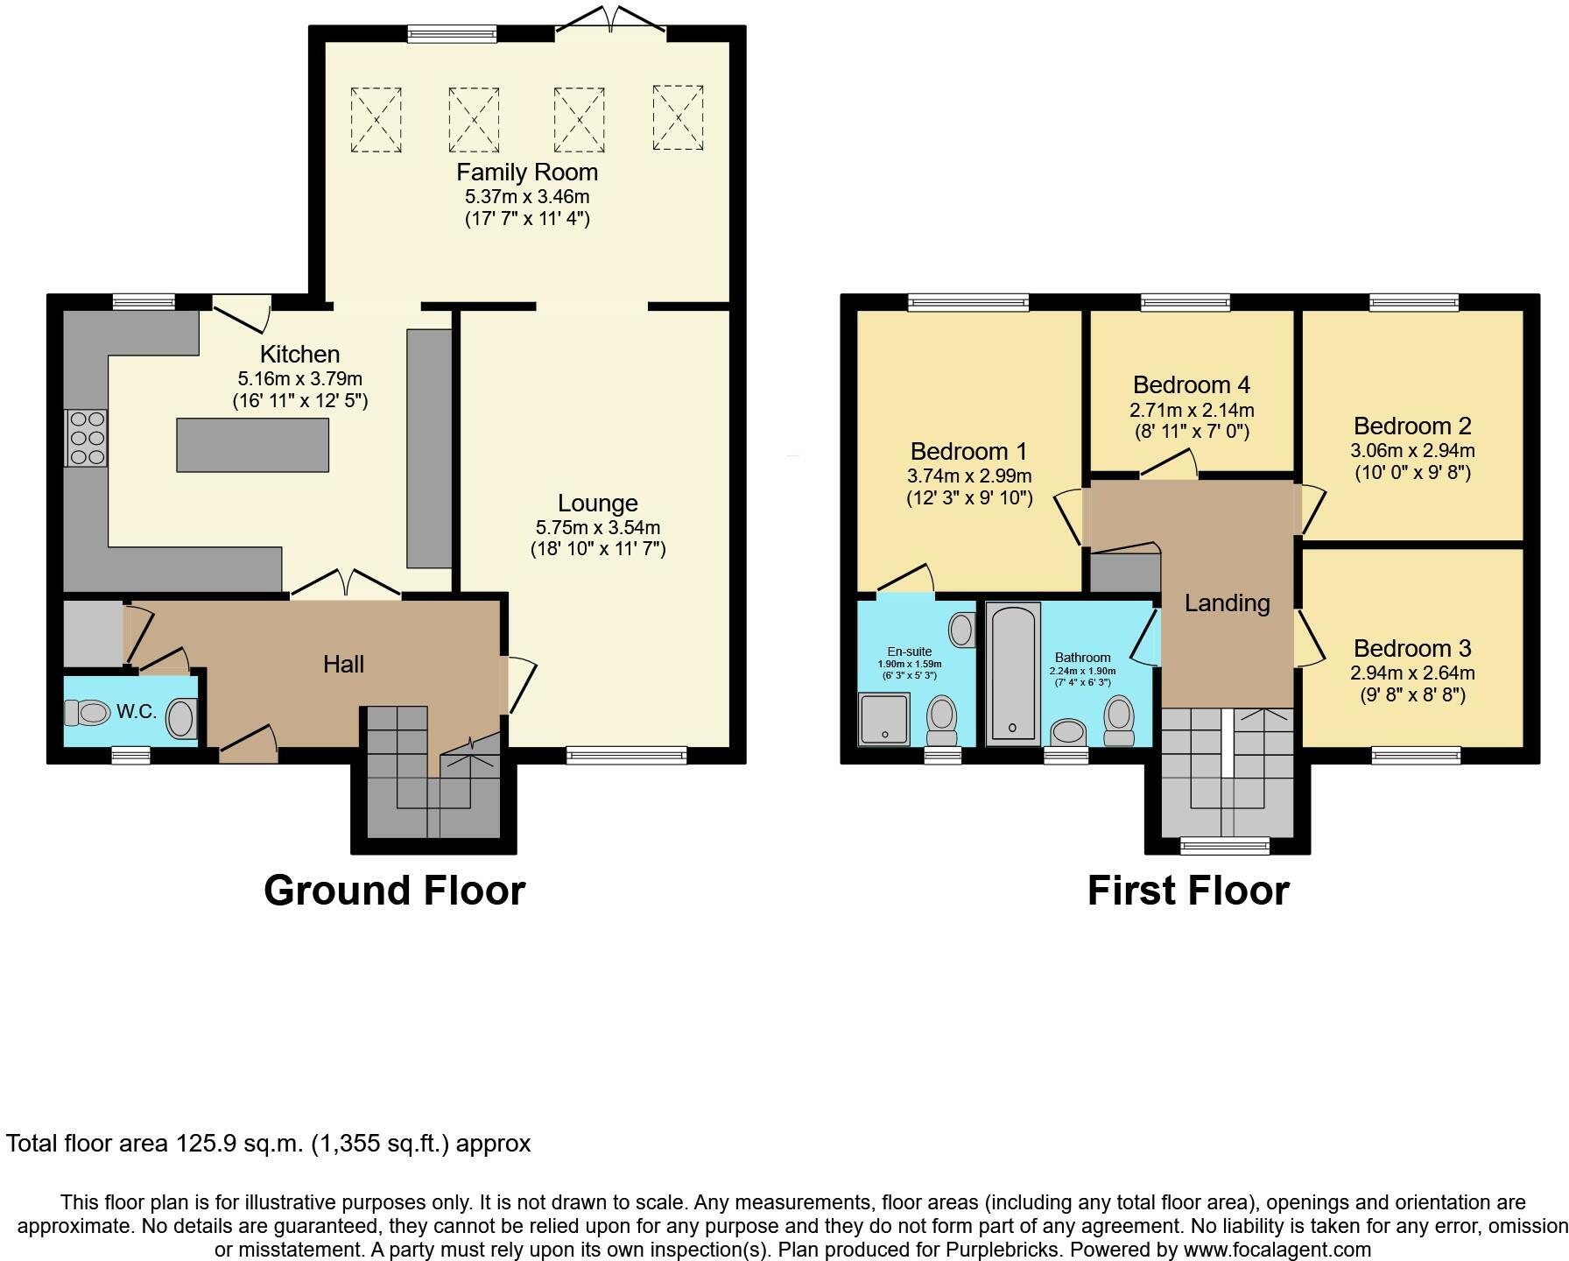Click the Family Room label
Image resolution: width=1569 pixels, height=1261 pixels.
coord(526,173)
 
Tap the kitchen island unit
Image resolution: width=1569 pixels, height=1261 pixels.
coord(253,445)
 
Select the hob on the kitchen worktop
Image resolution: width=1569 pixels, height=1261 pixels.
coord(86,438)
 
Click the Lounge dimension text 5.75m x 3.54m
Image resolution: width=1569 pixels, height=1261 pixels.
coord(598,528)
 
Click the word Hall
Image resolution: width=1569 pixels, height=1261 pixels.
coord(343,665)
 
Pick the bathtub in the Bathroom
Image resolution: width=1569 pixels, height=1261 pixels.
coord(1013,673)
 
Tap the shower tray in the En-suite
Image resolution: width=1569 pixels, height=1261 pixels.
coord(883,719)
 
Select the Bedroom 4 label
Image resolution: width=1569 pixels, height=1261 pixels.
coord(1191,385)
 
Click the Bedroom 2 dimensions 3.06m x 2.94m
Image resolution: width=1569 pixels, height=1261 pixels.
coord(1412,452)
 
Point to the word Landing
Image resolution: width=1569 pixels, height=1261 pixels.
coord(1227,603)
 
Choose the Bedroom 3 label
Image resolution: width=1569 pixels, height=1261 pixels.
coord(1412,649)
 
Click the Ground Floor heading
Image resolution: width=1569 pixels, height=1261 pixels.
coord(394,891)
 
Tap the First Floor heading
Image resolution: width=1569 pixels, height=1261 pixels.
coord(1188,891)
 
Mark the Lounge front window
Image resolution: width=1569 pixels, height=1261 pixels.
coord(627,754)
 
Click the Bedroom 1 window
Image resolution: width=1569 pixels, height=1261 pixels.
coord(968,303)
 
